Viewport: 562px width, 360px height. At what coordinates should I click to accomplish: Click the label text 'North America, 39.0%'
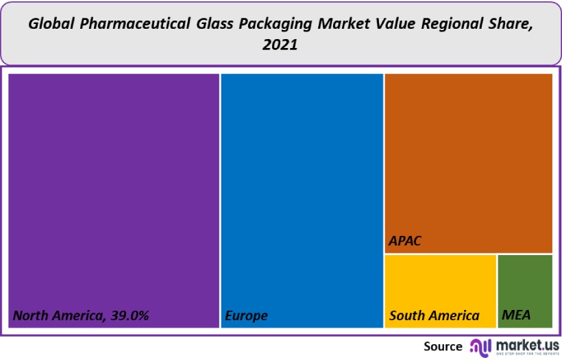point(81,316)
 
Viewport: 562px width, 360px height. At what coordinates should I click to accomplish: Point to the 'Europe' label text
point(246,316)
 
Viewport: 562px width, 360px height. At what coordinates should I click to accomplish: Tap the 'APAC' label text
point(404,241)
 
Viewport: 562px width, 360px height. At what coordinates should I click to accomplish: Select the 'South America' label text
point(435,316)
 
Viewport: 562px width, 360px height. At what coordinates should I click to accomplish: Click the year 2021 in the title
point(281,45)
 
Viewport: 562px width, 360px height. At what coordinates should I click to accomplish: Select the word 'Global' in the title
point(50,24)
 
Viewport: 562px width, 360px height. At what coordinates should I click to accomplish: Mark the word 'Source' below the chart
point(443,346)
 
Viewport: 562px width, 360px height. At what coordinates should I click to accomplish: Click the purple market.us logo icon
point(479,346)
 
